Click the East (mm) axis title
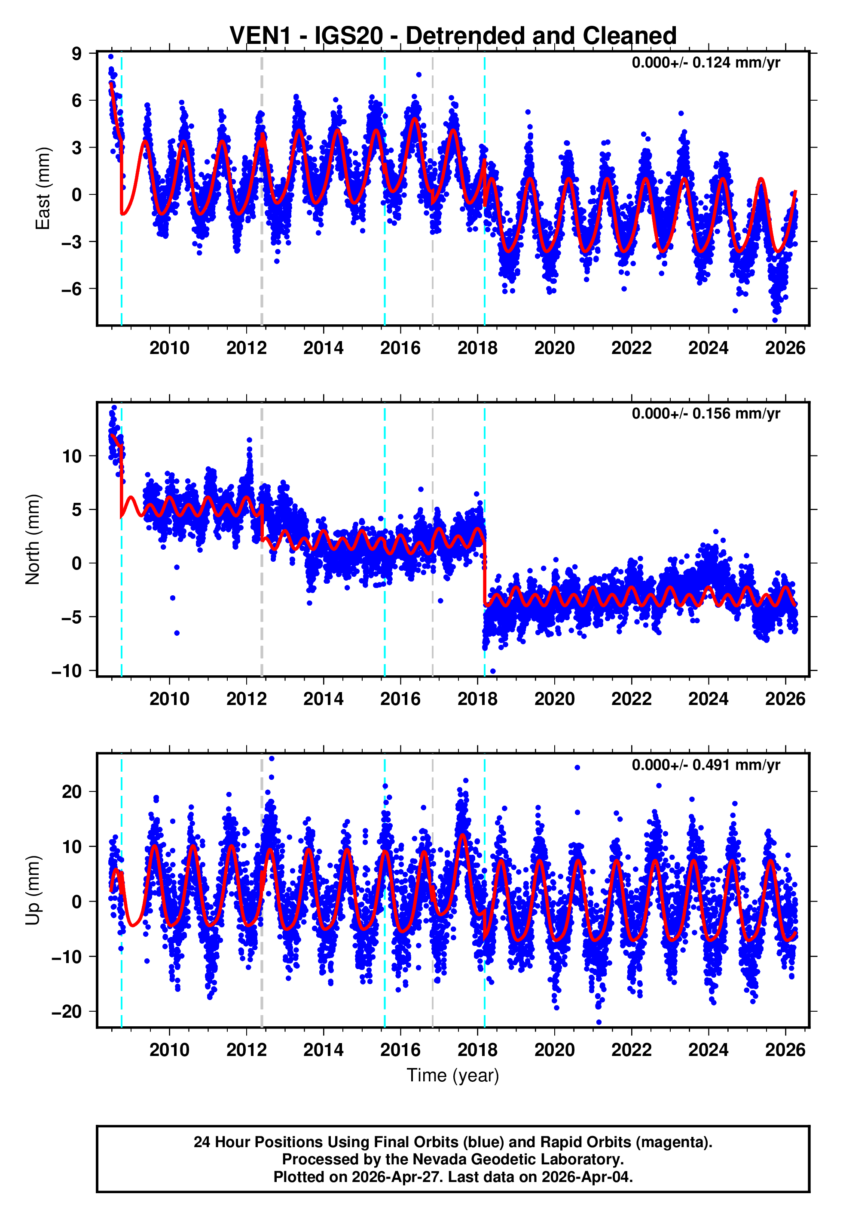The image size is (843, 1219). tap(42, 189)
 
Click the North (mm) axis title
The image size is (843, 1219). tap(33, 539)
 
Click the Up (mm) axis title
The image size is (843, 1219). tap(33, 890)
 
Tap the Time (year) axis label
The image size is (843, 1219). tap(453, 1075)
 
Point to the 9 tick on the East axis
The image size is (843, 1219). tap(77, 53)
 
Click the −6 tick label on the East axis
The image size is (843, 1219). tap(71, 289)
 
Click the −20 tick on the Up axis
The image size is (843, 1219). tap(67, 1011)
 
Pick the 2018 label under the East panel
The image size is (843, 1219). tap(477, 348)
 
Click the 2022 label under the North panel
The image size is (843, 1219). tap(631, 699)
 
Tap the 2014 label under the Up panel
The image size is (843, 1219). tap(323, 1050)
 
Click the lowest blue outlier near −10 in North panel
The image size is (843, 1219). tap(493, 671)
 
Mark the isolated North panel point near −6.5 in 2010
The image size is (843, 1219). tap(177, 633)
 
